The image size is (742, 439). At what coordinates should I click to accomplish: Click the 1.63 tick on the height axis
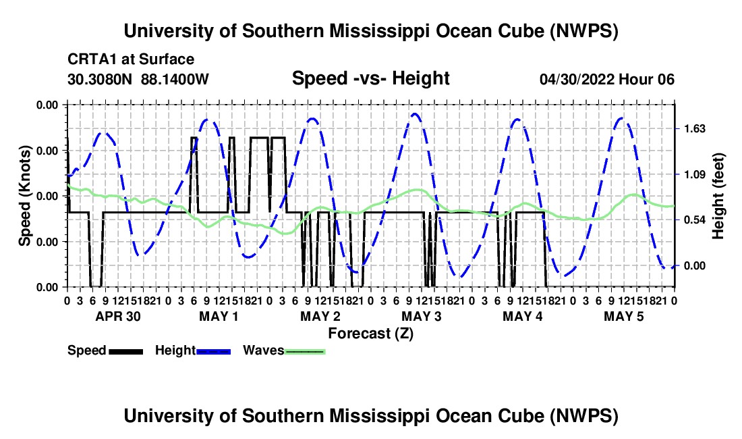point(694,129)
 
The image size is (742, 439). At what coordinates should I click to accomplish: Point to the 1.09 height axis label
point(694,175)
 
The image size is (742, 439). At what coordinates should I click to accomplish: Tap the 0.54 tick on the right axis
point(694,220)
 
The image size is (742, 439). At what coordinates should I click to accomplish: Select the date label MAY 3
point(421,316)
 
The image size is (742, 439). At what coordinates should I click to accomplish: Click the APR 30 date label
point(118,316)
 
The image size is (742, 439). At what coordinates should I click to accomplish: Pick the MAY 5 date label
point(624,316)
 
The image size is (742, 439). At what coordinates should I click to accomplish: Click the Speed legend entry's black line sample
point(126,351)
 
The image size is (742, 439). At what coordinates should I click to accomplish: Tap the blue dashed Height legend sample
point(213,351)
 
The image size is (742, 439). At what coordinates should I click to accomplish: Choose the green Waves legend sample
point(305,351)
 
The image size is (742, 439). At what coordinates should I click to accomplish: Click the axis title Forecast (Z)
point(370,334)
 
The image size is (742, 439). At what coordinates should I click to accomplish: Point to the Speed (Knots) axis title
point(24,196)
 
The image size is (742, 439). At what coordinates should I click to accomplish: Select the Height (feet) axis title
point(718,196)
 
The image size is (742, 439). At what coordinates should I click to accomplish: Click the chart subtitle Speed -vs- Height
point(370,78)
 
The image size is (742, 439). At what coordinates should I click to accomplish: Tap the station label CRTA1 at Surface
point(131,59)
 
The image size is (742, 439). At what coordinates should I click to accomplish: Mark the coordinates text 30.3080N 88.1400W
point(138,79)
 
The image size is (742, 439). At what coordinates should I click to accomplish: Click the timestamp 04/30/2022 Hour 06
point(606,79)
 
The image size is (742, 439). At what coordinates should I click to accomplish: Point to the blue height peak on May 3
point(415,113)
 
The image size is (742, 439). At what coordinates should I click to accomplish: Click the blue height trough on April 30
point(142,255)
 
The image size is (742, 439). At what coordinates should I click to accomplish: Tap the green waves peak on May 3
point(418,190)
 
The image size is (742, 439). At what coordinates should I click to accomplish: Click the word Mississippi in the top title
point(380,31)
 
